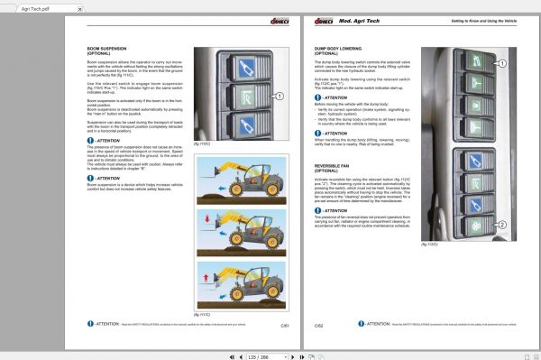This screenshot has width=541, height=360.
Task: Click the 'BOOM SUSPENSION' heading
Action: tap(94, 50)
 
